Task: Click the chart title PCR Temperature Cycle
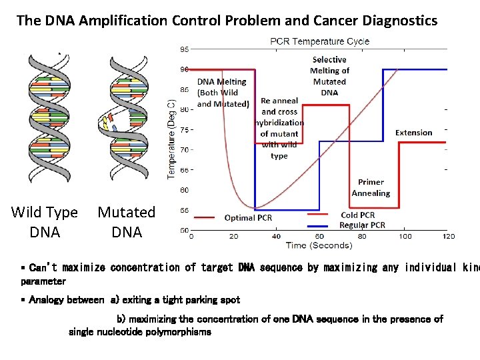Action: click(319, 41)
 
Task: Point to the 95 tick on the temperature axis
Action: click(183, 49)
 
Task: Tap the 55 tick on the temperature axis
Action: click(183, 210)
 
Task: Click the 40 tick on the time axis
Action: click(276, 236)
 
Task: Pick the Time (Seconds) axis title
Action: click(319, 245)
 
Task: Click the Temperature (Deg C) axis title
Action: click(171, 139)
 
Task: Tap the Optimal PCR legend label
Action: click(248, 217)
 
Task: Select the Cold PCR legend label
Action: click(358, 215)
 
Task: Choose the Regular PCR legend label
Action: click(362, 225)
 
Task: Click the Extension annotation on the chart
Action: click(413, 133)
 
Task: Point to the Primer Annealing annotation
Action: click(371, 187)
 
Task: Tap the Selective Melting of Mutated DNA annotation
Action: click(329, 76)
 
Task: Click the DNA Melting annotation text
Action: click(222, 92)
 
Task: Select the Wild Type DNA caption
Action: click(45, 222)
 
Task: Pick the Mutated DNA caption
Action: click(127, 222)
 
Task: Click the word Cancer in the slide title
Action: click(326, 20)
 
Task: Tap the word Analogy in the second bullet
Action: click(47, 300)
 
